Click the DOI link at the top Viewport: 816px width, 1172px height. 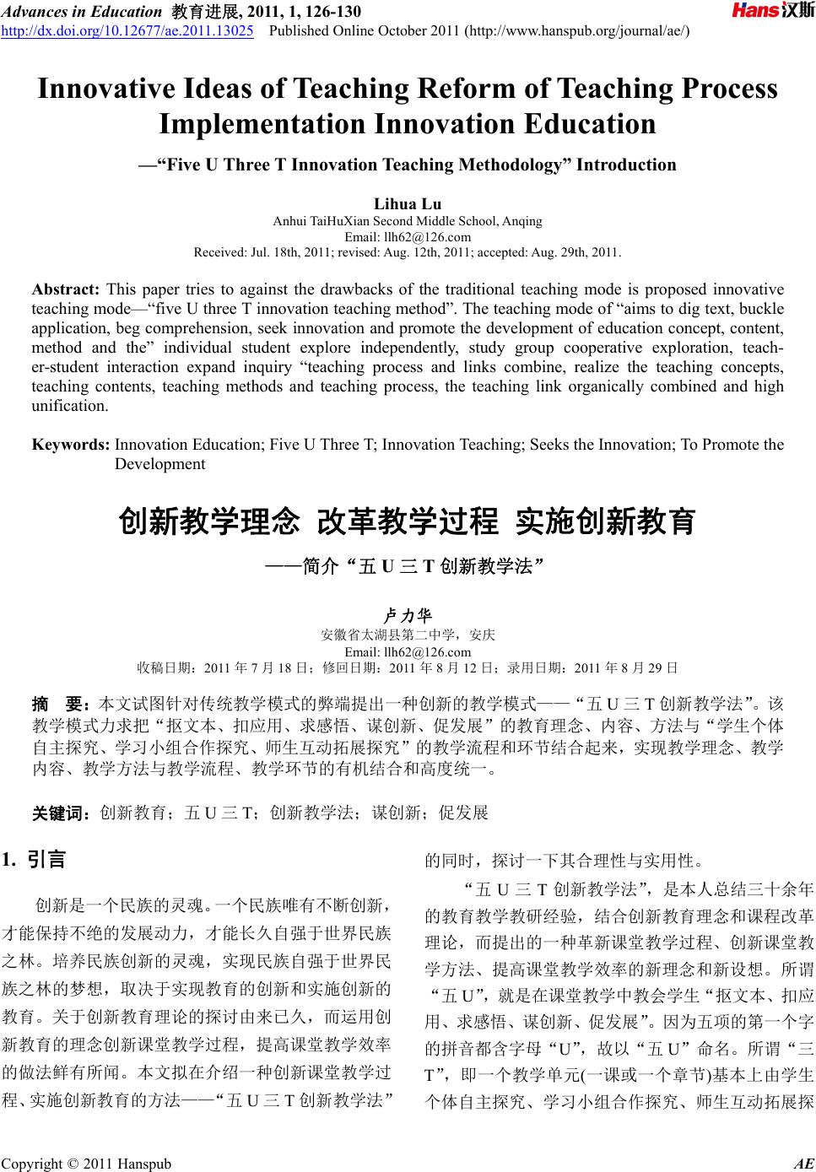pos(127,31)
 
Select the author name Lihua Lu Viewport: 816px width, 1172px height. pos(408,203)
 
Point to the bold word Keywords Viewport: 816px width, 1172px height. pos(70,445)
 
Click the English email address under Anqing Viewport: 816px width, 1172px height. pos(408,236)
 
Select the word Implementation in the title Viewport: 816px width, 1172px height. pos(262,125)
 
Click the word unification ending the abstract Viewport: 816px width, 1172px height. pos(69,406)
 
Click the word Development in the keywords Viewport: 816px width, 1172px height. pos(159,464)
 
